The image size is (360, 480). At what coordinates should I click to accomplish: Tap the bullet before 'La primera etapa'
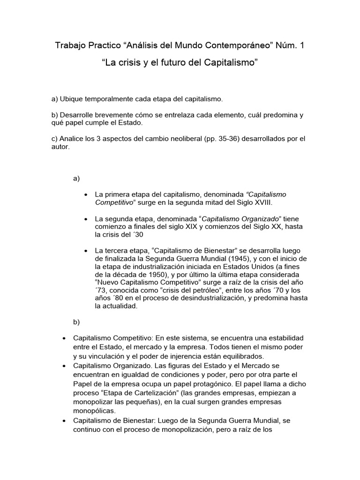click(85, 195)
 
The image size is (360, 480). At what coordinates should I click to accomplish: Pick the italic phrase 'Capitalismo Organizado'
click(241, 219)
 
